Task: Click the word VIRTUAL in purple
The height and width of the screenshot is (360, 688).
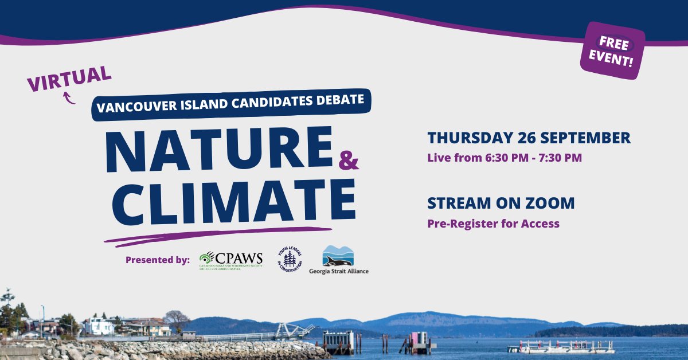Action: (69, 80)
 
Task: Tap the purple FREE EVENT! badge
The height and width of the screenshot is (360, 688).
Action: (613, 51)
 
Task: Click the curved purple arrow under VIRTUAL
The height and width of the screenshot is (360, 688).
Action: (69, 98)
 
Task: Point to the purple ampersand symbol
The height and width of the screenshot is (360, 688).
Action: (349, 162)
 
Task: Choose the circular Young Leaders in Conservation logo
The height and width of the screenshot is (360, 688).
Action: (289, 259)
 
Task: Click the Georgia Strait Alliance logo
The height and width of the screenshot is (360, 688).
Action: (338, 259)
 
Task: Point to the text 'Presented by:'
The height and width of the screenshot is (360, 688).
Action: (158, 260)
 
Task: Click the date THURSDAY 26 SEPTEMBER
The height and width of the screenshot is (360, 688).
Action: (529, 138)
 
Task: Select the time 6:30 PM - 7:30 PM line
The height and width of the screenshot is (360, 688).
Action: (505, 158)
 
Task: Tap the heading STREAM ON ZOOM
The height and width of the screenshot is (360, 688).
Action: (501, 204)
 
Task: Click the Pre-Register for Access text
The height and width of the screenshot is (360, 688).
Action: (493, 224)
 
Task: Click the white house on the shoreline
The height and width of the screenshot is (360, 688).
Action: (99, 326)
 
